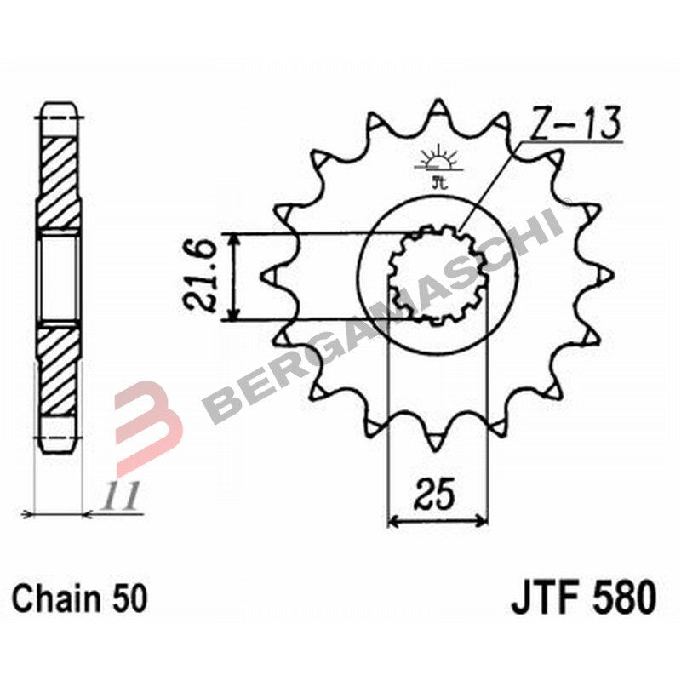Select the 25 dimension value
click(x=437, y=495)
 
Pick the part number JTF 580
click(x=583, y=597)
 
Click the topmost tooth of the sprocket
click(x=438, y=110)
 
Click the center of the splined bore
click(x=438, y=275)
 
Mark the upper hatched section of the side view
click(x=59, y=182)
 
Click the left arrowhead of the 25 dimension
click(x=393, y=519)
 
